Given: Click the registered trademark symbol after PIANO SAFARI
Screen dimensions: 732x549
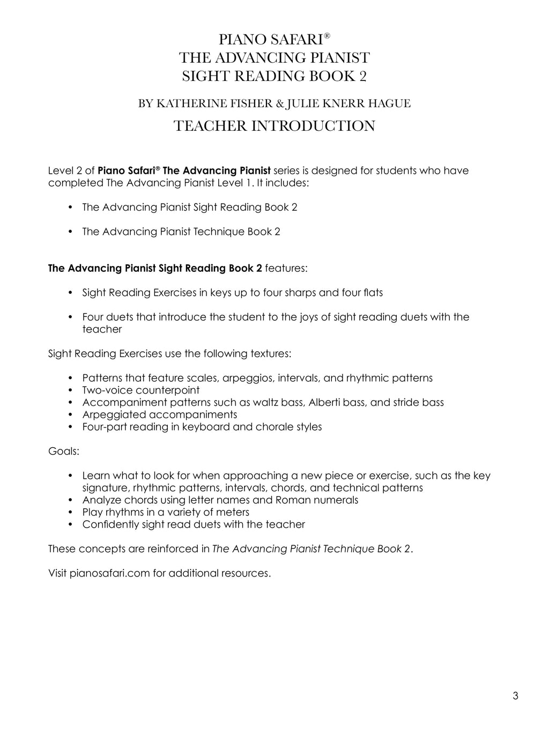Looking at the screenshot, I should tap(327, 35).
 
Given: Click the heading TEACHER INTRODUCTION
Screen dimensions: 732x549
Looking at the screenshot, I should tap(274, 126).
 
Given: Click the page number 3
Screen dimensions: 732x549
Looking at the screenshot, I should tap(515, 696).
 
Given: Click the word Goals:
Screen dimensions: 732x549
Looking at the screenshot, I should tap(63, 451).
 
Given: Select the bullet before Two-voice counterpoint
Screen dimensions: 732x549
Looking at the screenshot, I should tap(71, 390).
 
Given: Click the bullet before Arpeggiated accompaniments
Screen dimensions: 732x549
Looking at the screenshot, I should tap(71, 415).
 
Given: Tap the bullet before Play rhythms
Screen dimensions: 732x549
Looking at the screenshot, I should tap(71, 512).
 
